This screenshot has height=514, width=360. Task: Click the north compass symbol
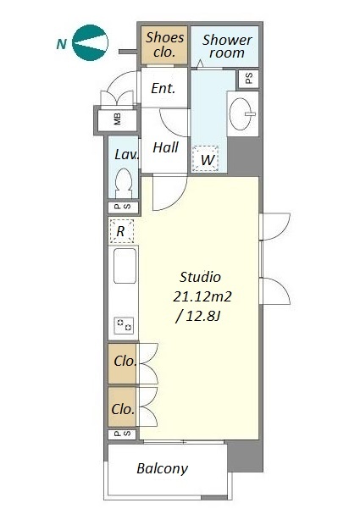[x=90, y=43]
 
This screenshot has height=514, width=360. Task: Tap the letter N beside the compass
[x=62, y=43]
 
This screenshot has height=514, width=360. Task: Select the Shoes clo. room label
[x=164, y=44]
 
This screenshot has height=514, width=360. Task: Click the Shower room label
[x=227, y=47]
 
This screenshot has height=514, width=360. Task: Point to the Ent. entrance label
[x=163, y=88]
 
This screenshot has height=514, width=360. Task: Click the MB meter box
[x=118, y=119]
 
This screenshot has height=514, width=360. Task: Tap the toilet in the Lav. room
[x=124, y=183]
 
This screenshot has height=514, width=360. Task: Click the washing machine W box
[x=206, y=158]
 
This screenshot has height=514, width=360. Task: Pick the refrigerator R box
[x=122, y=231]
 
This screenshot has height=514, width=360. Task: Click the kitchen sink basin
[x=125, y=266]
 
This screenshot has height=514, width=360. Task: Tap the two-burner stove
[x=124, y=325]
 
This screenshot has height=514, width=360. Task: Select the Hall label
[x=165, y=147]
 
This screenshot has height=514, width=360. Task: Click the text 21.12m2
[x=202, y=296]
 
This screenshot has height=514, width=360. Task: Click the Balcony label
[x=163, y=469]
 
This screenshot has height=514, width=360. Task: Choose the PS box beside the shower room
[x=248, y=79]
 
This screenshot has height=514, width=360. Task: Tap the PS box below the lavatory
[x=123, y=207]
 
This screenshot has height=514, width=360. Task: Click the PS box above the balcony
[x=122, y=434]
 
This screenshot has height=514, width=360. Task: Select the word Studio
[x=200, y=278]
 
